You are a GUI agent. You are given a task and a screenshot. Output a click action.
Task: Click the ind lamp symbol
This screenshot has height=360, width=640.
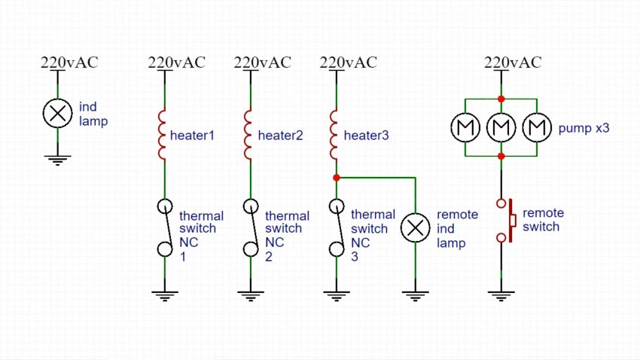pyautogui.click(x=56, y=114)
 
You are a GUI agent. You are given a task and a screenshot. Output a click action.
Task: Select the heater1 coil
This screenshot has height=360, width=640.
pyautogui.click(x=162, y=136)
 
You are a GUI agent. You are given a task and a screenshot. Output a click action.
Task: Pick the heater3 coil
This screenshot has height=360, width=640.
pyautogui.click(x=334, y=136)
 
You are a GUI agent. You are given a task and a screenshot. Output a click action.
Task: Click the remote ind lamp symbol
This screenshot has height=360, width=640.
pyautogui.click(x=415, y=228)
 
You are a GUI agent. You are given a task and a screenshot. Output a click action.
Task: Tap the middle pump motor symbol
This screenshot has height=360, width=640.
pyautogui.click(x=501, y=128)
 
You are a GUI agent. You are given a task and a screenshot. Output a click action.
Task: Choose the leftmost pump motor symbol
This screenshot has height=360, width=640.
pyautogui.click(x=465, y=128)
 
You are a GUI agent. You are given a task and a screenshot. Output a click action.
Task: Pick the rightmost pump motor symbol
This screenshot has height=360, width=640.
pyautogui.click(x=535, y=128)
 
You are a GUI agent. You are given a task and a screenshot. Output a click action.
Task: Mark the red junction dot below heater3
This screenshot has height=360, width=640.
pyautogui.click(x=336, y=178)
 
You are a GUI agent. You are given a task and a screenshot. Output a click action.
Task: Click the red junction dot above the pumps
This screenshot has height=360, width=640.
pyautogui.click(x=501, y=99)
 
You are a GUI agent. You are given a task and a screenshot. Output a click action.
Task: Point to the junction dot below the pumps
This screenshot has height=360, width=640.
pyautogui.click(x=501, y=156)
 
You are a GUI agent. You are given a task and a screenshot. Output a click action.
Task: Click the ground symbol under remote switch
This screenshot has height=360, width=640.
pyautogui.click(x=501, y=294)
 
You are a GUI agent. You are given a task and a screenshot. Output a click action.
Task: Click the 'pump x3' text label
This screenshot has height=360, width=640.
pyautogui.click(x=584, y=129)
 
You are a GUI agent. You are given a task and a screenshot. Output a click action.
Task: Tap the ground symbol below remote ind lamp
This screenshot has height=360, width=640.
pyautogui.click(x=415, y=294)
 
